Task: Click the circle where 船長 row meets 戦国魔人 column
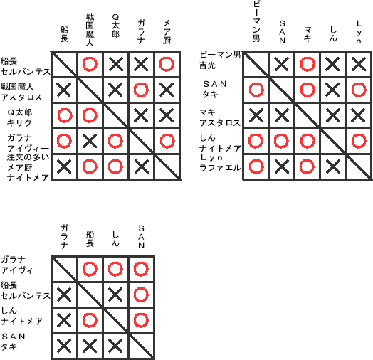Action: (x=90, y=64)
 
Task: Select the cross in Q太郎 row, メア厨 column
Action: (x=167, y=115)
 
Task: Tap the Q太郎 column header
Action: (x=115, y=26)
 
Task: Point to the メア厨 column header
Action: (x=167, y=32)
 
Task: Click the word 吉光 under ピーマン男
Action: (x=207, y=65)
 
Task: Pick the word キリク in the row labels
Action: (x=19, y=122)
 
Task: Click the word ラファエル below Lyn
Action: (x=220, y=168)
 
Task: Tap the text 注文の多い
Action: (x=28, y=157)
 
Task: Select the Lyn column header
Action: (x=359, y=32)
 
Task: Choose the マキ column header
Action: (x=308, y=34)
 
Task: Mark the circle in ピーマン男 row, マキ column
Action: (x=308, y=64)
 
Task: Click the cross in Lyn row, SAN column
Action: (x=282, y=166)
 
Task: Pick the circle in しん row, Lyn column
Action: (x=359, y=141)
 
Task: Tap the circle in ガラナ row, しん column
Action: (x=115, y=269)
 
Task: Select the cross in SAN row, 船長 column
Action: (x=90, y=346)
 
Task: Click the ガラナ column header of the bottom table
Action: (x=64, y=237)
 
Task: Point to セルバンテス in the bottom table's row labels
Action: (x=26, y=295)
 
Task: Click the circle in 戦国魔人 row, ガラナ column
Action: (x=141, y=90)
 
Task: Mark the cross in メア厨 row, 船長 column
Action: (x=64, y=166)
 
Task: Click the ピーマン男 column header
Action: (x=256, y=22)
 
